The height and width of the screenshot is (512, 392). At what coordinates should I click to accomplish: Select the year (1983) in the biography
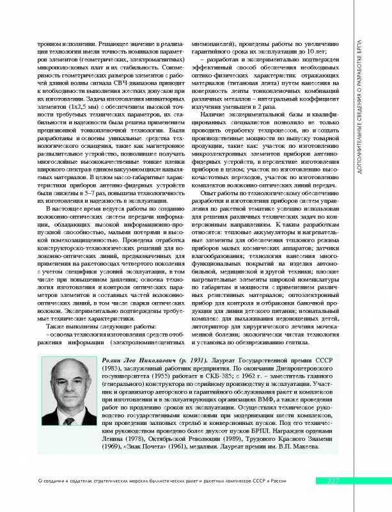point(111,372)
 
